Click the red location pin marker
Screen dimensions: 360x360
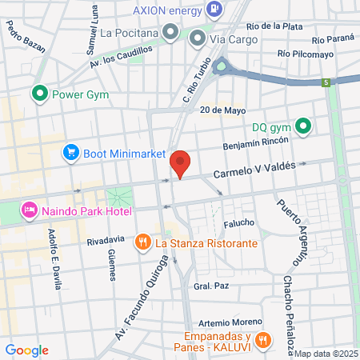point(181,163)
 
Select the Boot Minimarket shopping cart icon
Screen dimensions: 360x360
point(71,153)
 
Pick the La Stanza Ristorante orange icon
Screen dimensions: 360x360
point(142,242)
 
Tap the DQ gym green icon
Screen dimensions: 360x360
point(303,126)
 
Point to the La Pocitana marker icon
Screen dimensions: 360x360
point(170,33)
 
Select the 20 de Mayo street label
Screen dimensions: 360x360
point(222,110)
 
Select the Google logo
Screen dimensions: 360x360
point(27,350)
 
